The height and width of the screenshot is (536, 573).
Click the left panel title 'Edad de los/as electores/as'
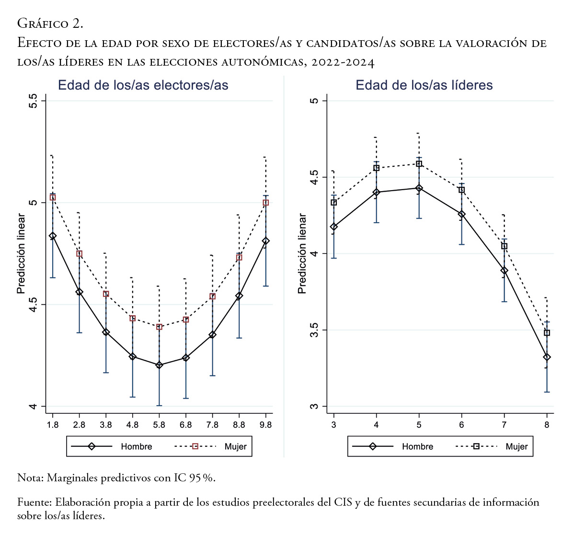pyautogui.click(x=143, y=85)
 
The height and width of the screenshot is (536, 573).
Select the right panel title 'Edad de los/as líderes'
pyautogui.click(x=424, y=85)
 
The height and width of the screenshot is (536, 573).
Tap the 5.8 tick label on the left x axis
pyautogui.click(x=159, y=425)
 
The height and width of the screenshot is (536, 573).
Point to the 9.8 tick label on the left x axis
pyautogui.click(x=265, y=425)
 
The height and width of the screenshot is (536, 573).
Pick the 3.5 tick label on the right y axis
pyautogui.click(x=314, y=331)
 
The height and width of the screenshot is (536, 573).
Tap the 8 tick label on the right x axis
pyautogui.click(x=547, y=425)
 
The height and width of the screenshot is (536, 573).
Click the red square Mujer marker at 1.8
pyautogui.click(x=53, y=197)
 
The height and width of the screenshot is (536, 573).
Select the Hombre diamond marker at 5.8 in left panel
pyautogui.click(x=159, y=365)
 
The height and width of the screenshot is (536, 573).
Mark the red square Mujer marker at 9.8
pyautogui.click(x=265, y=203)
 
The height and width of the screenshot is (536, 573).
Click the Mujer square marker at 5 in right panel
pyautogui.click(x=419, y=164)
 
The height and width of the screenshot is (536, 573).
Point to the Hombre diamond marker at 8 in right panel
pyautogui.click(x=547, y=357)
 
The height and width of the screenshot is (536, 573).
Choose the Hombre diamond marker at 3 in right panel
pyautogui.click(x=334, y=227)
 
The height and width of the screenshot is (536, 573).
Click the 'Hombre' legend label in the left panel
pyautogui.click(x=137, y=446)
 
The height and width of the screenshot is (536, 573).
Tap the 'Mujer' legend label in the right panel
pyautogui.click(x=516, y=446)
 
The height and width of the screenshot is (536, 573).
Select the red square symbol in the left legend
pyautogui.click(x=195, y=446)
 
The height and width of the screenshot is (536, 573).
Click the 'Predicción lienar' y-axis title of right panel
pyautogui.click(x=302, y=253)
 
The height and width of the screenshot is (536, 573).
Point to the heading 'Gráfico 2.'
pyautogui.click(x=50, y=23)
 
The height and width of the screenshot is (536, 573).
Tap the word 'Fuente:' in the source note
pyautogui.click(x=34, y=502)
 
